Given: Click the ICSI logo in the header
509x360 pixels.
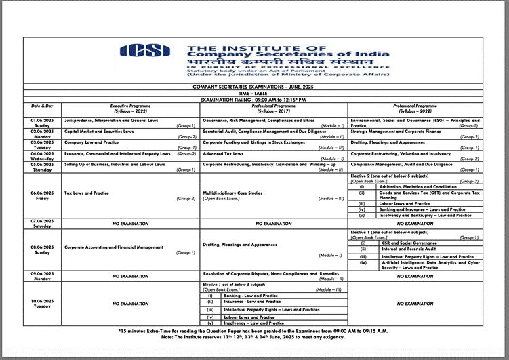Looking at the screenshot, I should tap(145, 52).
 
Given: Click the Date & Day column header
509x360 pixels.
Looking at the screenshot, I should tap(42, 106).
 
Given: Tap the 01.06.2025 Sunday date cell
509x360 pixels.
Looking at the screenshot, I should tap(42, 123).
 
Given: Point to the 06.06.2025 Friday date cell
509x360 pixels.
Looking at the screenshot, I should tap(42, 195).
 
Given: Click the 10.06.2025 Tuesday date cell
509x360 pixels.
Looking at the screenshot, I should tap(42, 303).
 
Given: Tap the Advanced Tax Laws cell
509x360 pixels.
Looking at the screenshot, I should tap(224, 154).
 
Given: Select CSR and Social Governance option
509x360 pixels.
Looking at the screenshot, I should tap(409, 243).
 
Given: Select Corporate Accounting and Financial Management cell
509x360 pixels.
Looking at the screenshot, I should tap(114, 247).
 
